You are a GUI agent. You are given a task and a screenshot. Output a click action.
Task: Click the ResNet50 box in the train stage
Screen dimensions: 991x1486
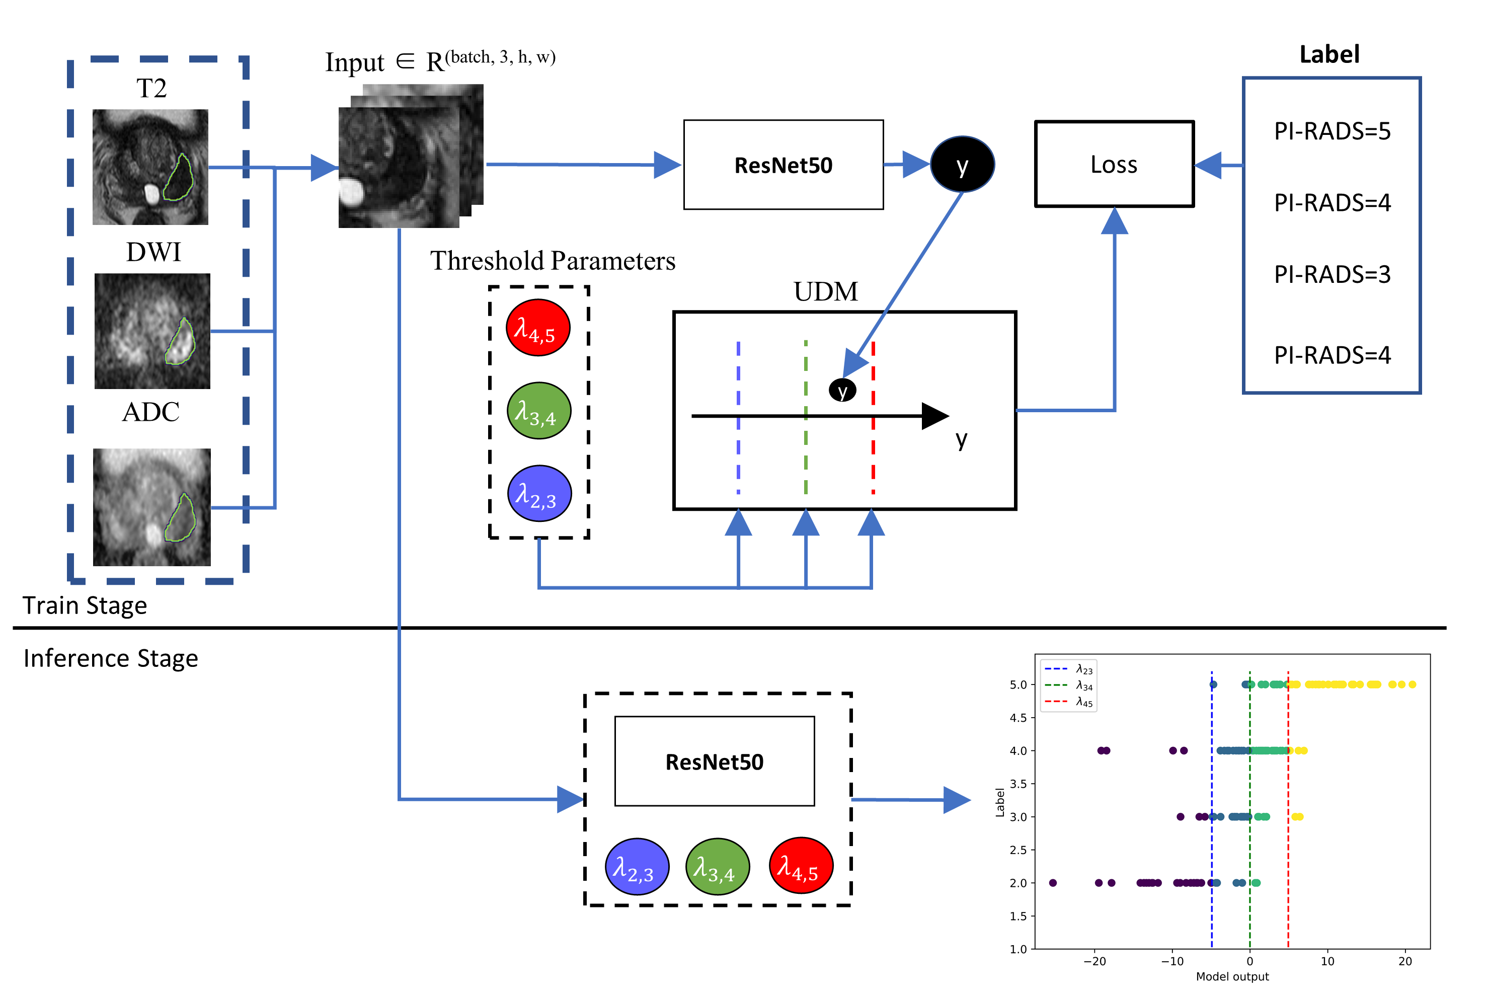coord(783,165)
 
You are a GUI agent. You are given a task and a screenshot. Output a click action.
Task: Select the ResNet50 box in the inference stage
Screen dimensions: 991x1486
coord(714,761)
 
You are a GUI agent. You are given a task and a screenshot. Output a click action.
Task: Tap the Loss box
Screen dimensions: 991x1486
coord(1114,164)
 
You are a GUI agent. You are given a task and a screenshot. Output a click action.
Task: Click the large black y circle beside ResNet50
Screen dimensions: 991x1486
coord(962,164)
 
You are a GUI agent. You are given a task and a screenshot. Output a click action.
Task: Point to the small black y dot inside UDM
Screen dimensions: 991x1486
coord(842,390)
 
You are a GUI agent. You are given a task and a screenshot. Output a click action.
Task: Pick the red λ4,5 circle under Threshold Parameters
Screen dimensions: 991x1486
coord(537,327)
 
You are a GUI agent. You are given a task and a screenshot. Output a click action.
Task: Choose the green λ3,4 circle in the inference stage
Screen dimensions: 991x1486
coord(717,867)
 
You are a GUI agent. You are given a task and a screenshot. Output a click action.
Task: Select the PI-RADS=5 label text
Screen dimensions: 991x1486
coord(1332,131)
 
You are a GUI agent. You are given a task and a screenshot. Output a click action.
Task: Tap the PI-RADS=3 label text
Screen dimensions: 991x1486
coord(1332,274)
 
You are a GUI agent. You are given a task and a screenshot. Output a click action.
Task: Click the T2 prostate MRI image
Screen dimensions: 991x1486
coord(150,167)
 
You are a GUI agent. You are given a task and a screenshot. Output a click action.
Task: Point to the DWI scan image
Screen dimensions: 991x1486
coord(152,331)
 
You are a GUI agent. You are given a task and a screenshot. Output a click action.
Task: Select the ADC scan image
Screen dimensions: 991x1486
coord(151,507)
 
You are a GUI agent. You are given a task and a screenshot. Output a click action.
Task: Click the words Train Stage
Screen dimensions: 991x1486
coord(85,605)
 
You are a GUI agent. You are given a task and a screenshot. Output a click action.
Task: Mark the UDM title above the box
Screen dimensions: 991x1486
coord(825,292)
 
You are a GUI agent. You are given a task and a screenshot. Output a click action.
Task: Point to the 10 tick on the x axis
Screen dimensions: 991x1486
coord(1327,961)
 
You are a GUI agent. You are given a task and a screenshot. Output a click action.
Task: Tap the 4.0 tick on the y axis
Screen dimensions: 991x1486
coord(1018,751)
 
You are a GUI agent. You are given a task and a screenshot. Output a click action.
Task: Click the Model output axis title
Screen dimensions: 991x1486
coord(1231,976)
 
